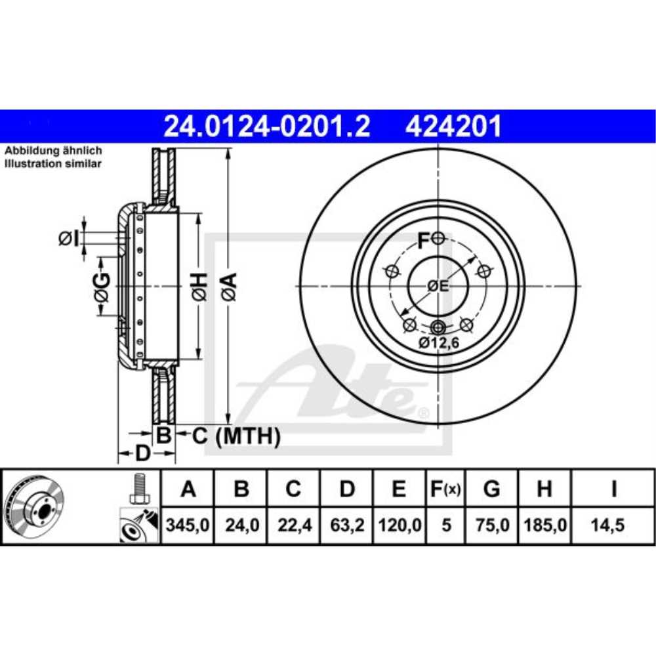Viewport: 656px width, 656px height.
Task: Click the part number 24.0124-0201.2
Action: click(x=266, y=126)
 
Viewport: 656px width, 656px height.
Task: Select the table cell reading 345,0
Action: click(x=188, y=525)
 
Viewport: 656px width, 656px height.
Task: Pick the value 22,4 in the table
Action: click(x=293, y=525)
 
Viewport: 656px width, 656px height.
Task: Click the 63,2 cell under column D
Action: click(x=346, y=525)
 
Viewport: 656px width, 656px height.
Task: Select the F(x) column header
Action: click(x=446, y=489)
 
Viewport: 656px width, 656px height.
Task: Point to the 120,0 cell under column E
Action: click(x=399, y=525)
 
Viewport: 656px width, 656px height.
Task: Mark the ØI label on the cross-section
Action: click(x=68, y=239)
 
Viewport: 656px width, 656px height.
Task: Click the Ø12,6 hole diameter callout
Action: click(x=438, y=343)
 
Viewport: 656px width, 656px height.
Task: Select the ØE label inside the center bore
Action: click(x=438, y=286)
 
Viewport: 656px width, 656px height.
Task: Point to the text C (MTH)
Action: click(x=236, y=436)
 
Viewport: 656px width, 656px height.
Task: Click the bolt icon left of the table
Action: click(x=138, y=489)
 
